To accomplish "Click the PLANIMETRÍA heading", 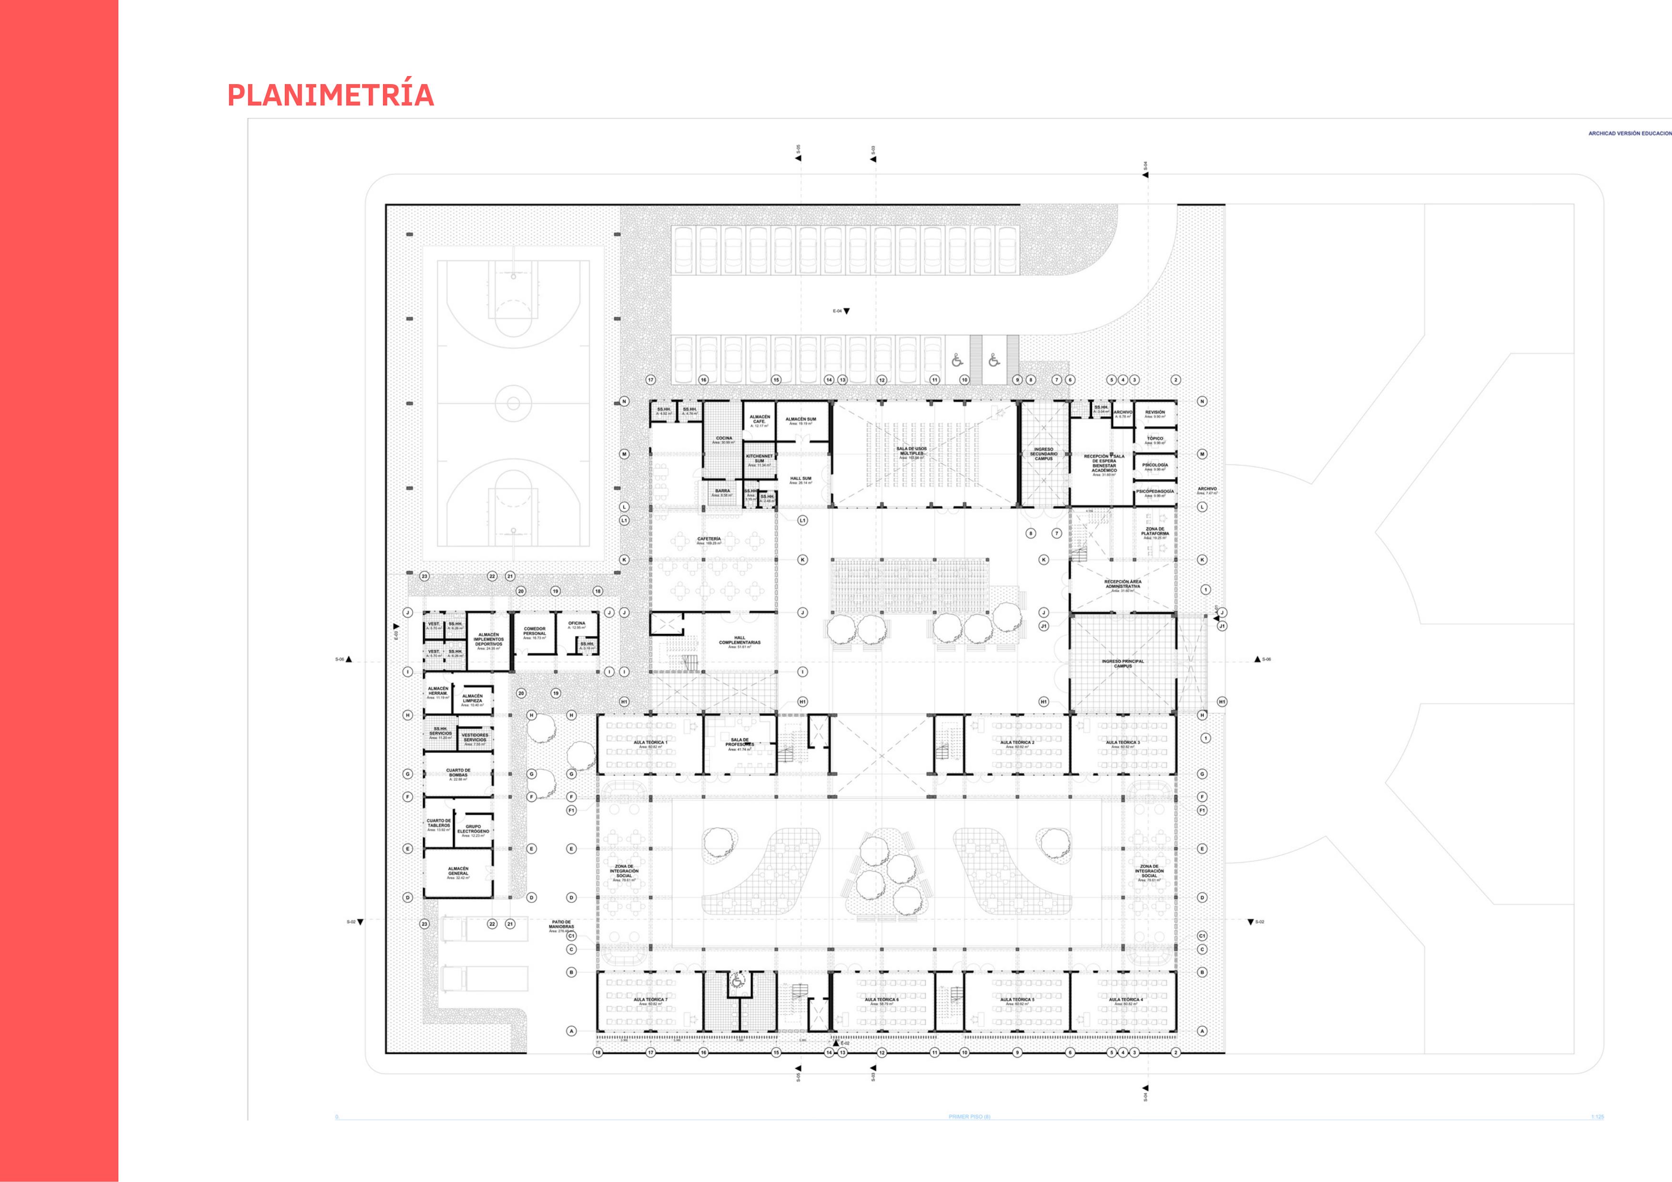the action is (x=331, y=95).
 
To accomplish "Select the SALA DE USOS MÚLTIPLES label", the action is (x=911, y=452).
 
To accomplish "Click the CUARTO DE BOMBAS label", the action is (x=458, y=773).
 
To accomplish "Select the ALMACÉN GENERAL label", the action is (x=458, y=871).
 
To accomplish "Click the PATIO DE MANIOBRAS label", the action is (x=561, y=925).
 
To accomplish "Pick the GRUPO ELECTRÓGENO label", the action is (x=473, y=829).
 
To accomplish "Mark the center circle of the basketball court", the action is (x=513, y=403).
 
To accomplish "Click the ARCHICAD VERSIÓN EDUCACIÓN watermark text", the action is (x=1630, y=133).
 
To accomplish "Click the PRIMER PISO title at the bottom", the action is (x=969, y=1116).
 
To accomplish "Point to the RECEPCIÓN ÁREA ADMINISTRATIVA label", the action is (x=1122, y=584).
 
